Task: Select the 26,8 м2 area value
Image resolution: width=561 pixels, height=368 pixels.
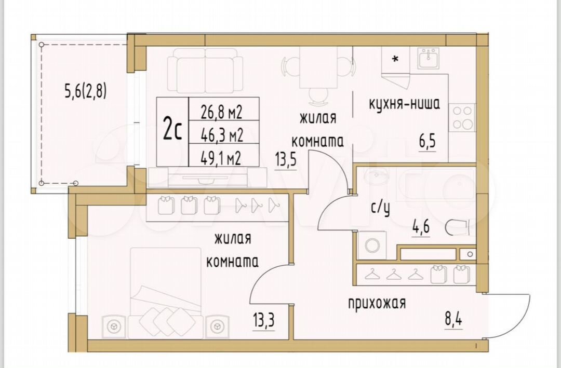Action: [221, 112]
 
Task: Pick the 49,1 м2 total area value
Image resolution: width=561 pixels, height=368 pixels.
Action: [221, 158]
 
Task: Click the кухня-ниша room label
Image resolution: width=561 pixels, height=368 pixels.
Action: [404, 104]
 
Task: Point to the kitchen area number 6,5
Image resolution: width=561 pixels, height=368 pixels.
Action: [428, 141]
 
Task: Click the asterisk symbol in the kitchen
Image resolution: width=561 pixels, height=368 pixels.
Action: [395, 59]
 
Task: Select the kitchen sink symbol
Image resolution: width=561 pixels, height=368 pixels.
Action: [428, 58]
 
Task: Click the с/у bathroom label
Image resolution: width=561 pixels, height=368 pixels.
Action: [380, 208]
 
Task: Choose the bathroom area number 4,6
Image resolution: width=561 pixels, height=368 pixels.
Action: [421, 227]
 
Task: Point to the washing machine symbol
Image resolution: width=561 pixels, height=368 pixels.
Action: [372, 246]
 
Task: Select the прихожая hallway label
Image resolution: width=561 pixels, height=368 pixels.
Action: [377, 303]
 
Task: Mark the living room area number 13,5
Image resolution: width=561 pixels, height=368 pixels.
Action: [286, 159]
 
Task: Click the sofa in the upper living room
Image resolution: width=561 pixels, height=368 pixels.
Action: [205, 71]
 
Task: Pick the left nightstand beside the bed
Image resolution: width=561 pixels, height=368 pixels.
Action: [114, 326]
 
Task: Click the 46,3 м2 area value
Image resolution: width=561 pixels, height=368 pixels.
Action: [221, 135]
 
